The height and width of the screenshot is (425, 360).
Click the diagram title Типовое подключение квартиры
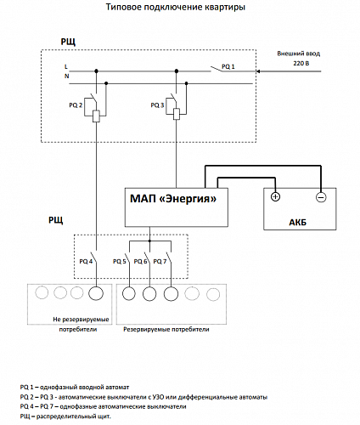pos(176,7)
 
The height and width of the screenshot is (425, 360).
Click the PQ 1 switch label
pos(228,66)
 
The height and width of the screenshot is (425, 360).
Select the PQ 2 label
pos(76,105)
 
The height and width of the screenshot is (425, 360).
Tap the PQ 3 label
pos(157,105)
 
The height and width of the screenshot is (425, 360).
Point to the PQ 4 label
pos(86,261)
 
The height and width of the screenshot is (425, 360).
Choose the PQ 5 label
pos(120,261)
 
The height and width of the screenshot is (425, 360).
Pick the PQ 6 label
pos(140,261)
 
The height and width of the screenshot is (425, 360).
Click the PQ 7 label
pos(160,261)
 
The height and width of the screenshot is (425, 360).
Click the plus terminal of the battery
pos(275,196)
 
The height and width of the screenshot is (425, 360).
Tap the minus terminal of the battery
pos(321,197)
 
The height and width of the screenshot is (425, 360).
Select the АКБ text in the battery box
pos(298,223)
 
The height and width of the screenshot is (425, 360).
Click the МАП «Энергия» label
pos(173,199)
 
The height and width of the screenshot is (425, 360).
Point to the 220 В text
pos(301,63)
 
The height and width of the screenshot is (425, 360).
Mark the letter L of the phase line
pos(66,67)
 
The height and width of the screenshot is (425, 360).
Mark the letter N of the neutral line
pos(67,76)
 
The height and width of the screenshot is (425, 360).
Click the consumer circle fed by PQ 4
pos(96,293)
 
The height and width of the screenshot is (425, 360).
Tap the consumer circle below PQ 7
pos(171,294)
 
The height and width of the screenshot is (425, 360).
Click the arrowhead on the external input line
pos(258,71)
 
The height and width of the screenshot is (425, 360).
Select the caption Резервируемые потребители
pos(166,330)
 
